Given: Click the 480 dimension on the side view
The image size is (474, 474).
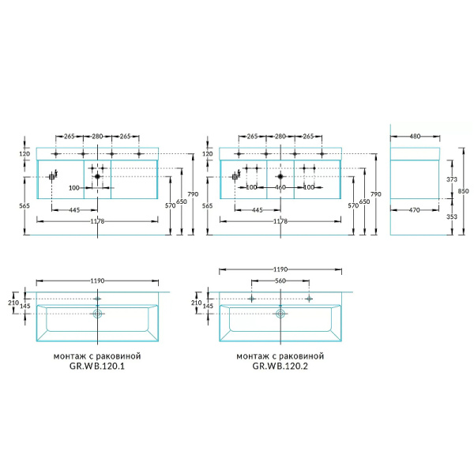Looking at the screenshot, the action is coord(415,137).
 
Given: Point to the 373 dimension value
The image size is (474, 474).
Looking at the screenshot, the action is coord(452,179).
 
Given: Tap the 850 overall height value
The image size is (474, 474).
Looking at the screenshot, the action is coord(463,191).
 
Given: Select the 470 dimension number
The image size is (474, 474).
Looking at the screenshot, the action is coord(414,210).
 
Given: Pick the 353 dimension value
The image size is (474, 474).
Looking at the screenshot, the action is coord(452,216).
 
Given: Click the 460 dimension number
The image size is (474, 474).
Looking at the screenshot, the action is coord(280,187).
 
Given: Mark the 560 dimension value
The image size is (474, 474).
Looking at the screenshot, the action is coord(280,280).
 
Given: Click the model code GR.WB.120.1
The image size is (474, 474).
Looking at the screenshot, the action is coord(97,366).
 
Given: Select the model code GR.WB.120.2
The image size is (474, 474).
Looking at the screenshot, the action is coord(280,366).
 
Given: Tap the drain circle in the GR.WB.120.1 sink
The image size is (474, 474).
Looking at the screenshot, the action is coord(97,314).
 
